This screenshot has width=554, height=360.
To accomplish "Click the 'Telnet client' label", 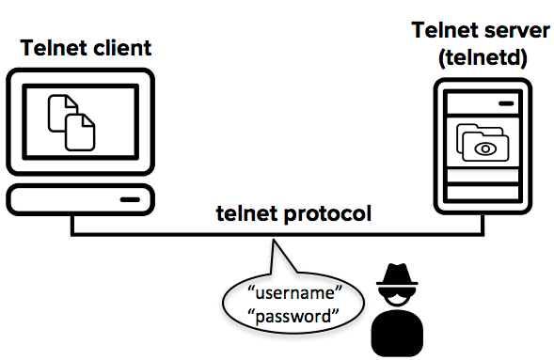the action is pos(86,48).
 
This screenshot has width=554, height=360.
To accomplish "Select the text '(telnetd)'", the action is pos(483,58).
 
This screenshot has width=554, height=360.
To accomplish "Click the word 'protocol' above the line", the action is pos(327,214).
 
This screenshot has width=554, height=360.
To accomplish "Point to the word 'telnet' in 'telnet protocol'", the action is pos(246,214).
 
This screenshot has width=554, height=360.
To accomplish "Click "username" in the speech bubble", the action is pos(295,292).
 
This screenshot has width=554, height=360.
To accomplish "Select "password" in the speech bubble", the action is pos(293,317).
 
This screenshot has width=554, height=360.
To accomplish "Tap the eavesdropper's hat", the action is pos(397,274).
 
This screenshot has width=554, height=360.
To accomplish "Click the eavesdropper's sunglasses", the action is pos(397,293).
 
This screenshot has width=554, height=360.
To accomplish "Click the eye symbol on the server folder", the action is pos(485,149).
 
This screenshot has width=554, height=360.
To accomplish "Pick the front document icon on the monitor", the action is pos(80,133).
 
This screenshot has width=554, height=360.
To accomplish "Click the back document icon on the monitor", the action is pos(61,112).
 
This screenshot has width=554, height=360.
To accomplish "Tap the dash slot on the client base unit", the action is pos(130,200).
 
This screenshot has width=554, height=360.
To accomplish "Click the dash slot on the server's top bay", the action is pos(506,103).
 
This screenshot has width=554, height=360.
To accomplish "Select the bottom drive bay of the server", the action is pos(483,193).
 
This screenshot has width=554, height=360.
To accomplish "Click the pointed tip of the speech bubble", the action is pos(274,240).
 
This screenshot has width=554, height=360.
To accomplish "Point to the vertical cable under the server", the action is pos(483,224).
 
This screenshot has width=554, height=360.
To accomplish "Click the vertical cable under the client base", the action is pos(72,224).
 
